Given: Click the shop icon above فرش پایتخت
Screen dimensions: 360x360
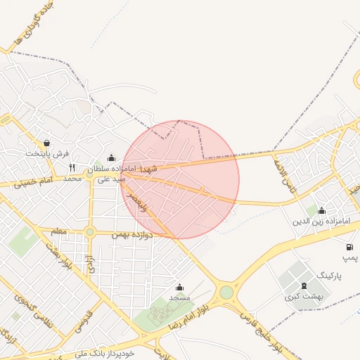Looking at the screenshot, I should pyautogui.click(x=46, y=143).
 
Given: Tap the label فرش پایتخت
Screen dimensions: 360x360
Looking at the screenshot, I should pyautogui.click(x=48, y=153).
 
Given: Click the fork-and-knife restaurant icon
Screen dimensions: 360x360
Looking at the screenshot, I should pyautogui.click(x=72, y=168).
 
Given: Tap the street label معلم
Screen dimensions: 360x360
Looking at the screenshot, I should pyautogui.click(x=59, y=231).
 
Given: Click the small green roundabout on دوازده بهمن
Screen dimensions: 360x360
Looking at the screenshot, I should pyautogui.click(x=89, y=232).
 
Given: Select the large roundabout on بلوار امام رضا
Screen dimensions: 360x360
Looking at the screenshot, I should pyautogui.click(x=226, y=292).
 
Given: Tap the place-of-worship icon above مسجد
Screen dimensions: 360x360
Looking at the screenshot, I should pyautogui.click(x=179, y=287).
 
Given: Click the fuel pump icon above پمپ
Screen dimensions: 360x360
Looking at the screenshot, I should pyautogui.click(x=349, y=247).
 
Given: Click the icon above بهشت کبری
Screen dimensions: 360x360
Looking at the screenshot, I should pyautogui.click(x=304, y=285).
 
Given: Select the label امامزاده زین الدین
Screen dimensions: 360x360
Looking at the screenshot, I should pyautogui.click(x=321, y=221).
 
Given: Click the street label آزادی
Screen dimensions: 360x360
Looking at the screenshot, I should pyautogui.click(x=89, y=264).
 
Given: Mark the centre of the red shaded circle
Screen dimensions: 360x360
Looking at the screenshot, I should pyautogui.click(x=179, y=179).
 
